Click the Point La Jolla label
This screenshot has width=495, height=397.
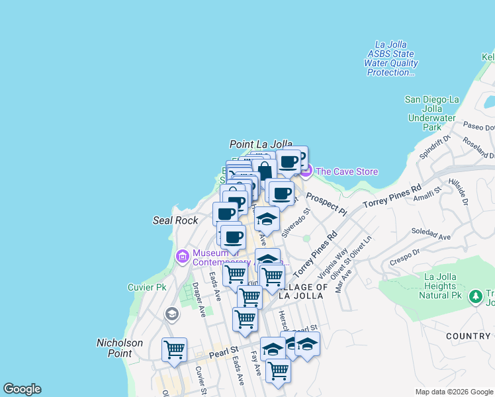pos(261,144)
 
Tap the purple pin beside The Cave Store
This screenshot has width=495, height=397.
pos(306,171)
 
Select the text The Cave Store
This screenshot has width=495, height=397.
pos(347,172)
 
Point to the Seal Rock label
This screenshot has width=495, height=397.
pos(175,220)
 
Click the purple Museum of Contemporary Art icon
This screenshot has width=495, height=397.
pos(183,255)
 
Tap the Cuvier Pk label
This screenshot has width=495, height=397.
pos(146,287)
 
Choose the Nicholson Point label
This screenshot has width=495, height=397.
pos(120,348)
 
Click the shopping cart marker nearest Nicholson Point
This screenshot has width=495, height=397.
pos(174,349)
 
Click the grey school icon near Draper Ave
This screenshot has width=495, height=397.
pos(172,314)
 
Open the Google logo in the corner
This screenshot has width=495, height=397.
pos(22,389)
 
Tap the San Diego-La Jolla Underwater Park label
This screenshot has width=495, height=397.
pos(431,113)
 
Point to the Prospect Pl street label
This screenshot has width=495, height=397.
pos(326,204)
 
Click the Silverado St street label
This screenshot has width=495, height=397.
pos(296,224)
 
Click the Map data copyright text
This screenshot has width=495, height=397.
pos(454,392)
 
